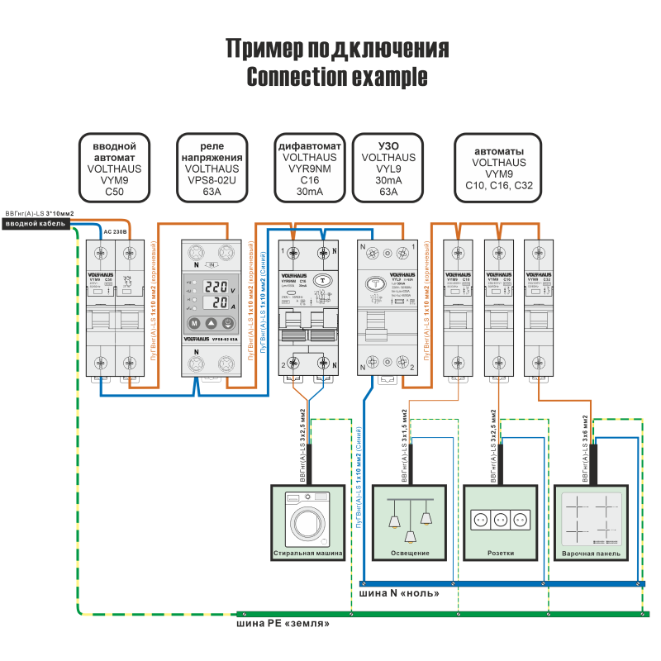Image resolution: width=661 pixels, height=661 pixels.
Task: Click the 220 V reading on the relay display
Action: (216, 288)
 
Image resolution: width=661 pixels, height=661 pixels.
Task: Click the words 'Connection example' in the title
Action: (337, 77)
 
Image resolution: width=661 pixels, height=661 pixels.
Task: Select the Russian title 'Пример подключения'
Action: (337, 49)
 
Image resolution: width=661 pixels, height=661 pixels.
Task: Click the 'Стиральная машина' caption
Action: (307, 553)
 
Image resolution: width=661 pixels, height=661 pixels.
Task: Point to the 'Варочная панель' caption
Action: (590, 553)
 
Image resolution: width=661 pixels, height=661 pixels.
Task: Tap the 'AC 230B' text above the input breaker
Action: (115, 232)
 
